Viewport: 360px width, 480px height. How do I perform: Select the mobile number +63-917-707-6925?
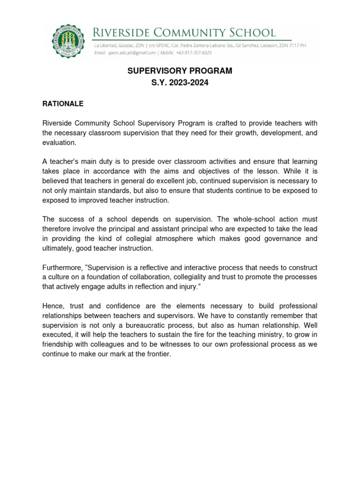pos(194,53)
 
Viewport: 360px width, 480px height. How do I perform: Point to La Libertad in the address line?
pos(108,46)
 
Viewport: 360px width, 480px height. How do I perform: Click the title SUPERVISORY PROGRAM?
pos(180,71)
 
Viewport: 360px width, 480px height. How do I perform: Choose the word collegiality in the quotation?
pos(197,277)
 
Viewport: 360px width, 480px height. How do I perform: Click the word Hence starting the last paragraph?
pos(52,306)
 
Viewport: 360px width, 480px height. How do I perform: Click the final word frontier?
pos(158,354)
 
